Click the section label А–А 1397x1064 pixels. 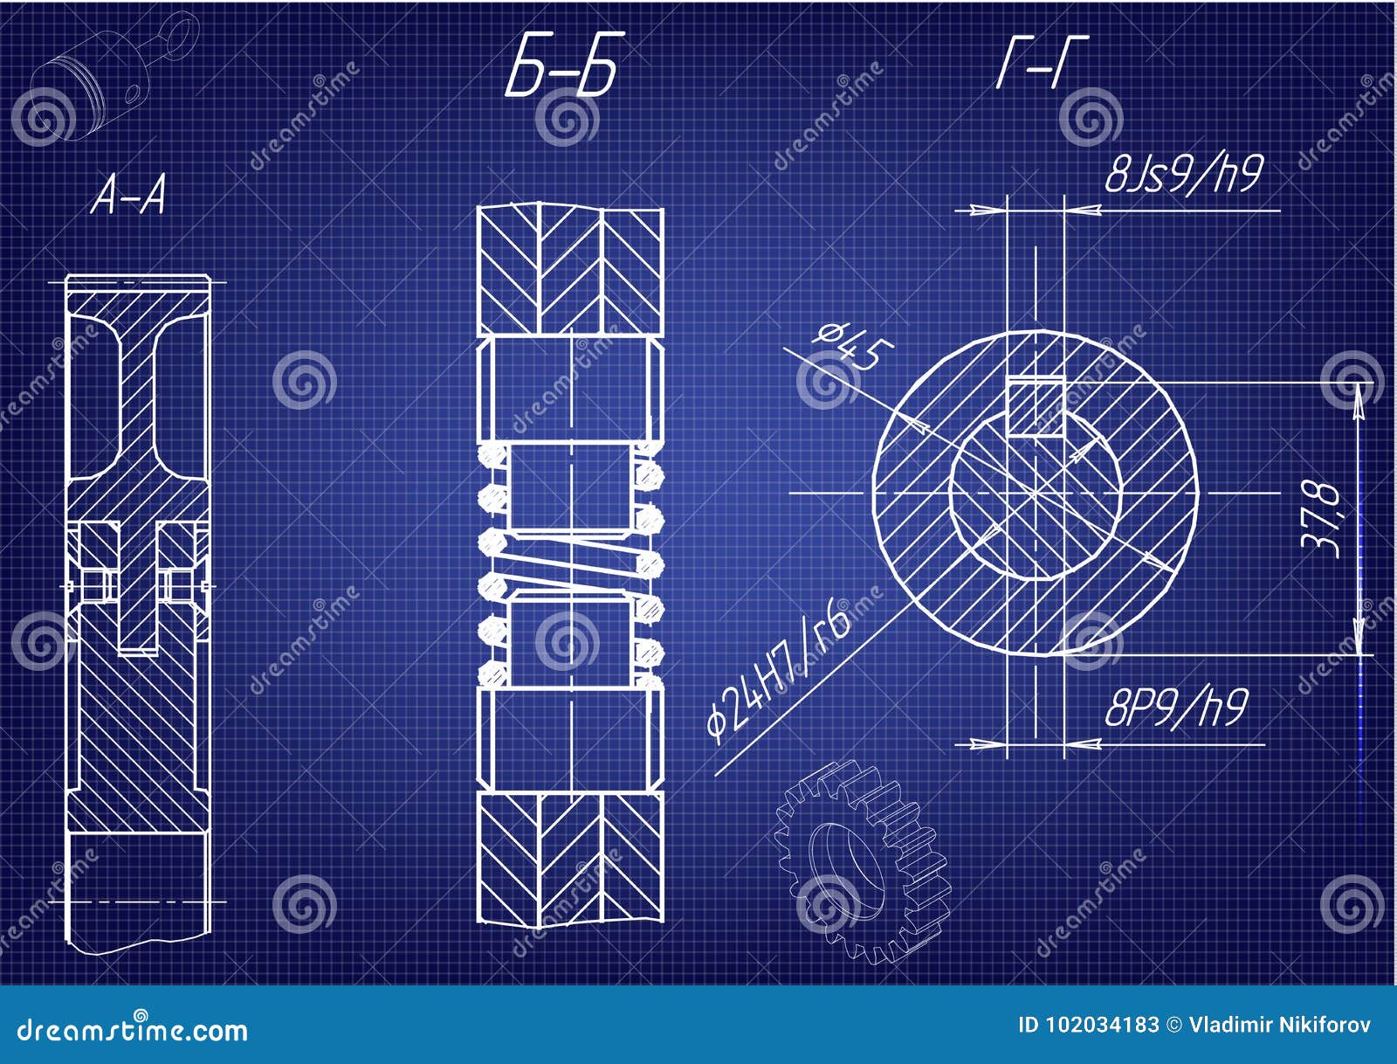coord(128,195)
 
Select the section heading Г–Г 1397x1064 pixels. coord(1042,62)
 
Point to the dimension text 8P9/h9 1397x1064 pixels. coord(1175,708)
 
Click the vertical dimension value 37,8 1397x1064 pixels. coord(1322,517)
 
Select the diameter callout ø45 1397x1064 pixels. coord(853,344)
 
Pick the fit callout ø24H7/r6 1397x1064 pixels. coord(777,671)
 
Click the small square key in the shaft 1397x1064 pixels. coord(1036,407)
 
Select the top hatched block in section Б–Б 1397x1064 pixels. coord(570,270)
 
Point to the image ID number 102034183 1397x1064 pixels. coord(1089,1025)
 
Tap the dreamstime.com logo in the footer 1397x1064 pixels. coord(133,1029)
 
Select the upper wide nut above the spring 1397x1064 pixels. coord(570,389)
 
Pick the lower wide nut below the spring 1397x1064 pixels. coord(570,739)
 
